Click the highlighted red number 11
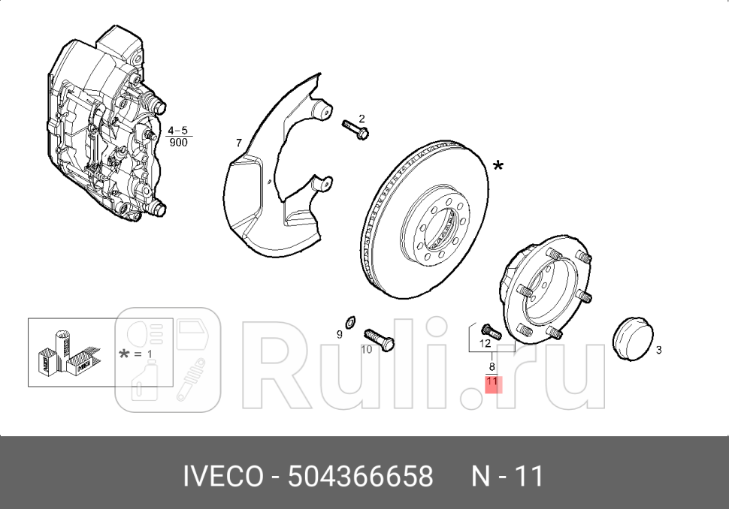click(492, 382)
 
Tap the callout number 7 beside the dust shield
click(238, 143)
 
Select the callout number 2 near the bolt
click(361, 119)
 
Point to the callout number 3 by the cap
click(658, 350)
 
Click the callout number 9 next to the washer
click(339, 334)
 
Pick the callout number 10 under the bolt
click(366, 349)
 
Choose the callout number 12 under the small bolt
click(485, 343)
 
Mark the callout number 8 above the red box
click(492, 367)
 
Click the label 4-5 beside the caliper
click(177, 131)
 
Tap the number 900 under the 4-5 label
click(178, 142)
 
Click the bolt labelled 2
click(355, 130)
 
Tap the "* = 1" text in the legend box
click(135, 354)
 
